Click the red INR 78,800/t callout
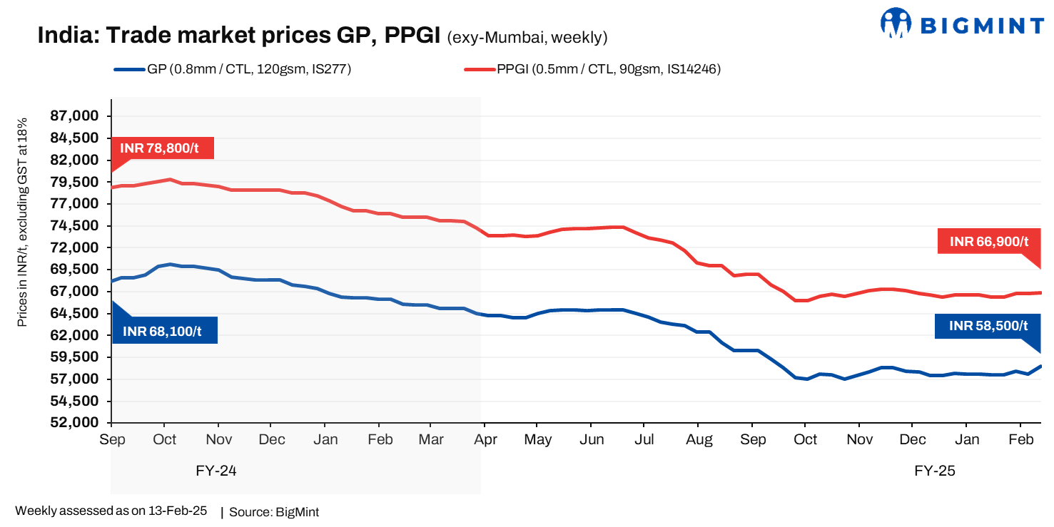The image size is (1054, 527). pyautogui.click(x=162, y=148)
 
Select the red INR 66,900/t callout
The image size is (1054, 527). pyautogui.click(x=988, y=242)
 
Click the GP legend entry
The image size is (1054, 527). pyautogui.click(x=233, y=69)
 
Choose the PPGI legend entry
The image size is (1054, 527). pyautogui.click(x=593, y=69)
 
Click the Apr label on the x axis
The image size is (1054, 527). pyautogui.click(x=485, y=440)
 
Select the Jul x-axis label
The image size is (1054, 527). pyautogui.click(x=644, y=440)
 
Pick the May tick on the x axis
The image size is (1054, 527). pyautogui.click(x=537, y=440)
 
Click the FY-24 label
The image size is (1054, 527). pyautogui.click(x=216, y=471)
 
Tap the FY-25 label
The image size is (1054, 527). pyautogui.click(x=934, y=471)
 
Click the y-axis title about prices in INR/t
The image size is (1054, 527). pyautogui.click(x=22, y=222)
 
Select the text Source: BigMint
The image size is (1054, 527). pyautogui.click(x=274, y=512)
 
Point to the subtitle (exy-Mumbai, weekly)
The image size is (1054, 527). pyautogui.click(x=527, y=36)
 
